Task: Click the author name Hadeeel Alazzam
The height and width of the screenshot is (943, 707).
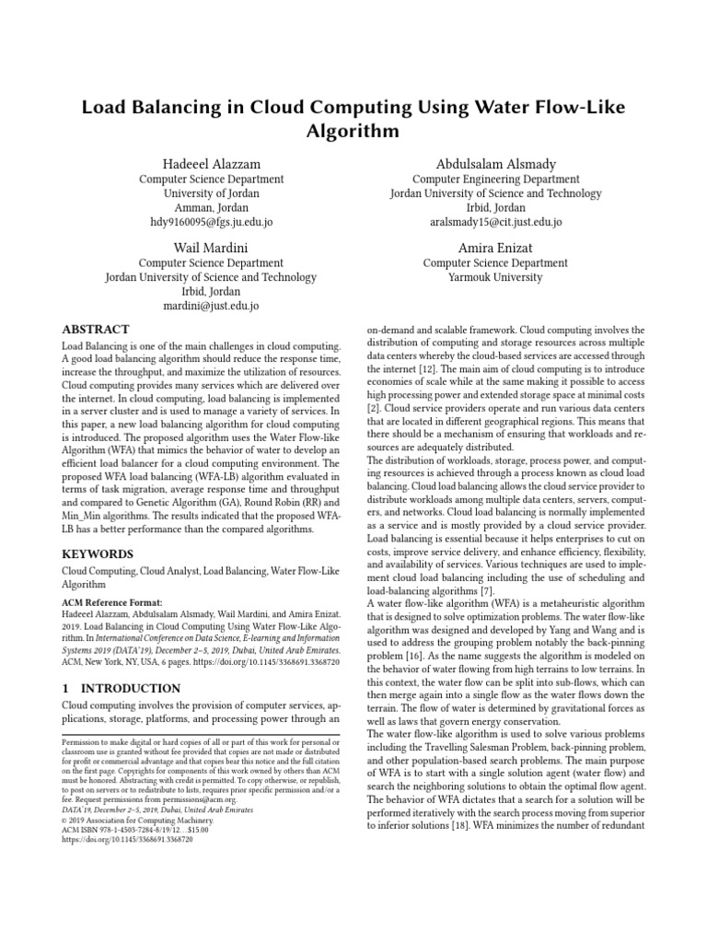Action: coord(211,164)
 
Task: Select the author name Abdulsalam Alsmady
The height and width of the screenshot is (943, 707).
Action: coord(495,164)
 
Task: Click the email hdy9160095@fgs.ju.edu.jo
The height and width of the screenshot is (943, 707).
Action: coord(211,223)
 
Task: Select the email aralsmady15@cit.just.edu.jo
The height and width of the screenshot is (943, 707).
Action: coord(495,223)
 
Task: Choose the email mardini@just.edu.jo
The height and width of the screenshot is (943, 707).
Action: coord(211,306)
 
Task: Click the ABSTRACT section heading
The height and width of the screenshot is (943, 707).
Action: coord(95,330)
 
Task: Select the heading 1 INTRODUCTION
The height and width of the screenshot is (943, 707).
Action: coord(120,688)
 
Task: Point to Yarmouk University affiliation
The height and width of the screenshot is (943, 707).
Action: coord(495,277)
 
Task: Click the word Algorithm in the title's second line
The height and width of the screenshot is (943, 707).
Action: coord(353,131)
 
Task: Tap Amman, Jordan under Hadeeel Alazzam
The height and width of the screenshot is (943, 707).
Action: coord(211,208)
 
